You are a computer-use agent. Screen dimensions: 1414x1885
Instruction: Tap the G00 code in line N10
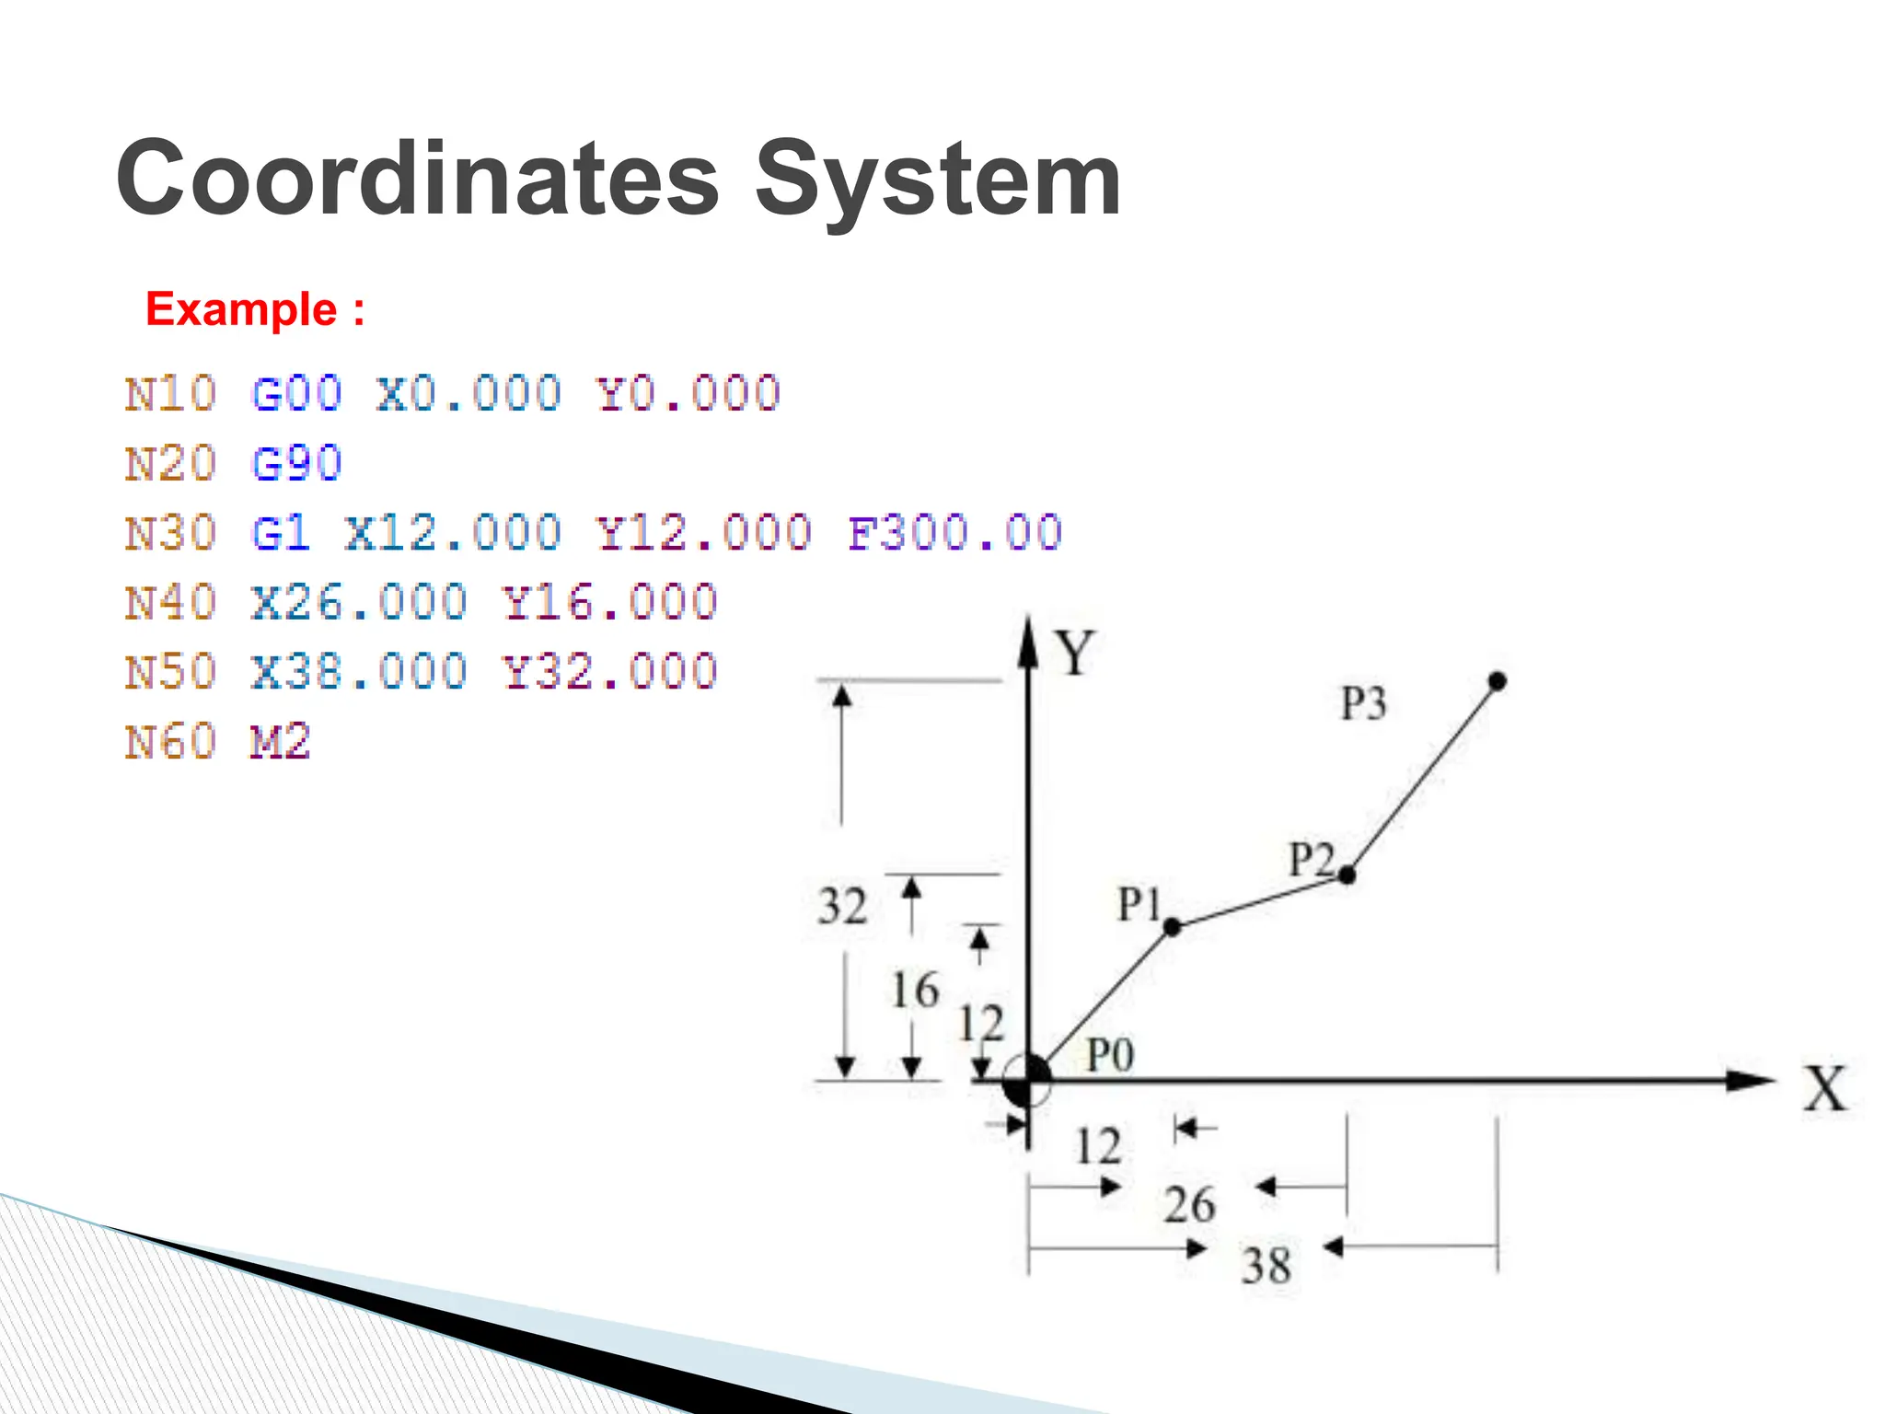click(x=296, y=394)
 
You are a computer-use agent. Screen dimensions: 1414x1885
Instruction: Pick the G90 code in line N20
click(x=296, y=463)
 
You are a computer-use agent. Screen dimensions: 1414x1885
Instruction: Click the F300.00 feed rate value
click(x=955, y=533)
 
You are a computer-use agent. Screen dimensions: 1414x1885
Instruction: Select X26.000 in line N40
click(x=359, y=603)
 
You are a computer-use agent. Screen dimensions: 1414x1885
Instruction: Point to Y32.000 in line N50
click(x=609, y=672)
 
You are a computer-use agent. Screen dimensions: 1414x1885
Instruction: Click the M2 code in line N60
click(x=280, y=742)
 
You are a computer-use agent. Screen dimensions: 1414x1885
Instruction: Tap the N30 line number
click(x=170, y=533)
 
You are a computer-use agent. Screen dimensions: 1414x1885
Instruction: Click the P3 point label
click(x=1363, y=704)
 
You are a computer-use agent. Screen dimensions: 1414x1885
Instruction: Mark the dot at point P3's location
click(x=1498, y=682)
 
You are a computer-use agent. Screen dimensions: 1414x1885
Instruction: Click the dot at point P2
click(x=1347, y=875)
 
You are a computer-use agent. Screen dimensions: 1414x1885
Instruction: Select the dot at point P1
click(x=1172, y=927)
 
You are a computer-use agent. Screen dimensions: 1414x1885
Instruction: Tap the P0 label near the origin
click(x=1110, y=1055)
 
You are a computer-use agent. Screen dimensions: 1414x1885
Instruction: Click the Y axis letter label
click(x=1074, y=653)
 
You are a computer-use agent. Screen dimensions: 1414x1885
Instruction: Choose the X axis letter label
click(x=1825, y=1090)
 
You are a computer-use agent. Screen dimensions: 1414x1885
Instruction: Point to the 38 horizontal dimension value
click(x=1266, y=1266)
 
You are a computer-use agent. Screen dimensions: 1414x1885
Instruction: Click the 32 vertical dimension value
click(x=842, y=907)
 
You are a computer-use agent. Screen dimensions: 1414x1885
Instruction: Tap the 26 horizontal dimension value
click(x=1189, y=1205)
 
